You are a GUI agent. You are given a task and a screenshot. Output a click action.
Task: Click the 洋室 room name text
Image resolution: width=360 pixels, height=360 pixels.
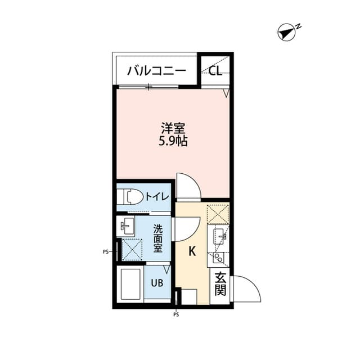click(x=172, y=128)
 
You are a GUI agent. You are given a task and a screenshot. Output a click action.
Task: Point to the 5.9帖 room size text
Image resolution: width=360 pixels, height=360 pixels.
click(x=172, y=141)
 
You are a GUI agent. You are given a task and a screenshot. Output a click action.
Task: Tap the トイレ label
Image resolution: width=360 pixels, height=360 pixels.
click(x=155, y=196)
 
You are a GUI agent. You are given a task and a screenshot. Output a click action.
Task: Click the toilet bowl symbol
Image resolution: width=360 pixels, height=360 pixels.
click(x=131, y=197)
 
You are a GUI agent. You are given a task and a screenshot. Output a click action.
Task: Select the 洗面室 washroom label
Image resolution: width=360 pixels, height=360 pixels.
click(x=158, y=238)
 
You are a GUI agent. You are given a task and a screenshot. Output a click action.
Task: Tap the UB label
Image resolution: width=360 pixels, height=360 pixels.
click(x=157, y=283)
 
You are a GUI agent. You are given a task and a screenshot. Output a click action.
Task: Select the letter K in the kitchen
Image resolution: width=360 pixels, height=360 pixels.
click(x=192, y=251)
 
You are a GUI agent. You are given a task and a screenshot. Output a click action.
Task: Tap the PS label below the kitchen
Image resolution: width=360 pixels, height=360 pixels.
click(x=176, y=315)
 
